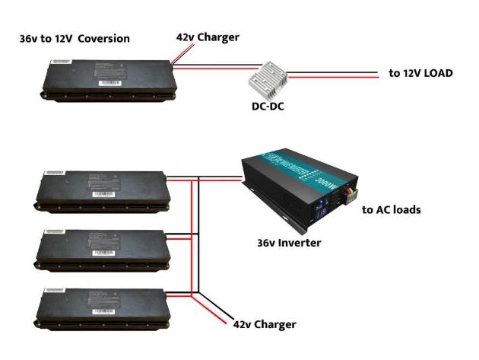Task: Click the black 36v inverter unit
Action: point(296,190)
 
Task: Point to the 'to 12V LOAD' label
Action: point(420,74)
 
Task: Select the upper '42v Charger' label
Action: point(206,37)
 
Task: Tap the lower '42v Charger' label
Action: point(265,325)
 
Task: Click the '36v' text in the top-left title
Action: point(30,39)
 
